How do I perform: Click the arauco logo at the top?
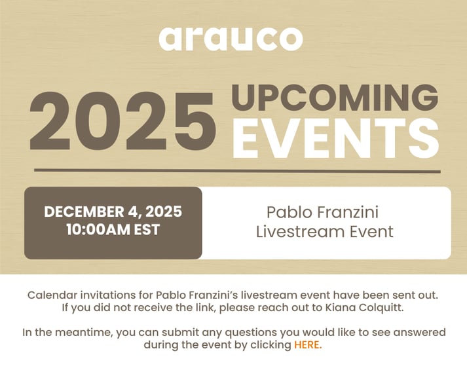tap(231, 39)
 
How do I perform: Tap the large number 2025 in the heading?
tap(122, 122)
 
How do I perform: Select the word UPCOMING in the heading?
tap(335, 98)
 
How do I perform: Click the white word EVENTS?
tap(335, 138)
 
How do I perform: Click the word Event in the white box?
tap(370, 231)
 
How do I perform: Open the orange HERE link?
tap(307, 345)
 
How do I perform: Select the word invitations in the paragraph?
tap(106, 295)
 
